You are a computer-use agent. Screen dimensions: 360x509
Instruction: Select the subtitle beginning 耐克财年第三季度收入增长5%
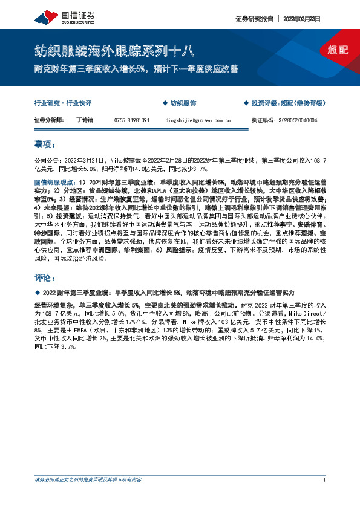136,70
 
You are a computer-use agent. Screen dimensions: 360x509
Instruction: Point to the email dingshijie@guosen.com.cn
198,120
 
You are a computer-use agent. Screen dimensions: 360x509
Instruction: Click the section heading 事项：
46,146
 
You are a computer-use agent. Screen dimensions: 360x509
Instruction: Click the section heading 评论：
46,277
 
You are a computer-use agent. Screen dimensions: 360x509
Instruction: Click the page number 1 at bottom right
325,480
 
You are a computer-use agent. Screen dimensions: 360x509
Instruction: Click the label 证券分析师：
50,120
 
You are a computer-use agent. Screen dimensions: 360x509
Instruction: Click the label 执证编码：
263,120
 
